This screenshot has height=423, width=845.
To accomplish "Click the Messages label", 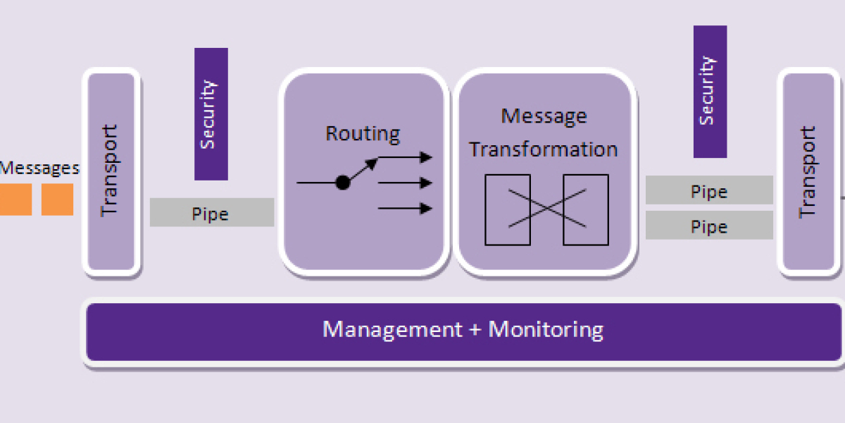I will (x=39, y=168).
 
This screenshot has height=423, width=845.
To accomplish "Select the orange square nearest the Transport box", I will (x=57, y=200).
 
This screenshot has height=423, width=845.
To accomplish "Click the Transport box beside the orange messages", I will (x=111, y=171).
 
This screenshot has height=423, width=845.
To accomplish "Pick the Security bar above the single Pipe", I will (x=211, y=114).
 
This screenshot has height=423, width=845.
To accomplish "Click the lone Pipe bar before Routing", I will (x=211, y=212).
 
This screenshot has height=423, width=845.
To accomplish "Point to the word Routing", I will (x=363, y=133).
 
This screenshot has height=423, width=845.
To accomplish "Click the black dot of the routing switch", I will (x=343, y=183).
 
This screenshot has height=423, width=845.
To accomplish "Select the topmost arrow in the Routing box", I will (x=405, y=157).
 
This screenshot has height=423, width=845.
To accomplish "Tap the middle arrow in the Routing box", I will (x=405, y=183).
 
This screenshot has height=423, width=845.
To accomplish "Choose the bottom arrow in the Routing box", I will (x=405, y=208).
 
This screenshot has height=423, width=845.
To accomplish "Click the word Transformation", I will (x=544, y=149).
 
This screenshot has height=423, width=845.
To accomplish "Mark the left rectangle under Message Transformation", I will (x=508, y=209).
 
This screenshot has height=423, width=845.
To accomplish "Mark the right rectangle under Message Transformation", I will (x=585, y=209).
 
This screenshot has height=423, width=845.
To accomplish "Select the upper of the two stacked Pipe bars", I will (x=709, y=190).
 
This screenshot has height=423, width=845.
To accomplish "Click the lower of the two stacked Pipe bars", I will (x=709, y=226).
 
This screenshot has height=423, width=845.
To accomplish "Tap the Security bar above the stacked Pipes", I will (x=710, y=92).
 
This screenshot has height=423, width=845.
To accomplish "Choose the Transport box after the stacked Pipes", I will (x=808, y=172).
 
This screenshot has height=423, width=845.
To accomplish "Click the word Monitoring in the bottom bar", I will (x=546, y=329).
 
